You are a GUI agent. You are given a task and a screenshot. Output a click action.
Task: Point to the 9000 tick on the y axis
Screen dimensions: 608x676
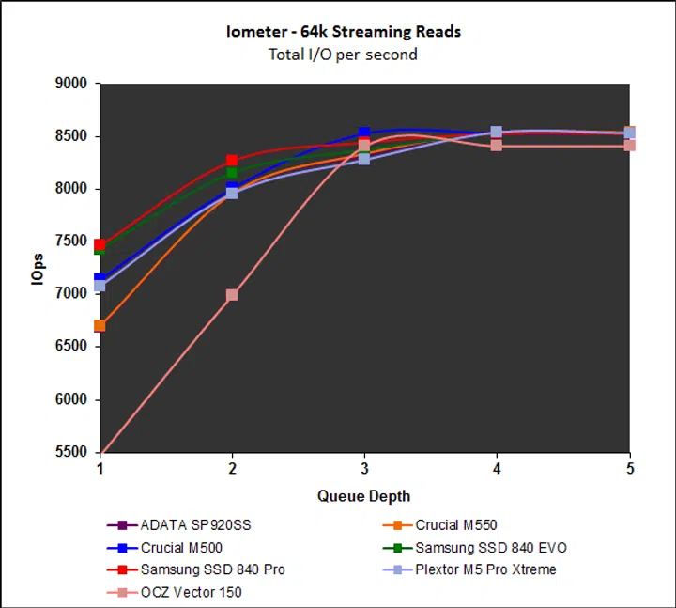pyautogui.click(x=71, y=84)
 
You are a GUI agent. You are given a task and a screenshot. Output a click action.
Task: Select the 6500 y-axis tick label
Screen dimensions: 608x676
pyautogui.click(x=71, y=347)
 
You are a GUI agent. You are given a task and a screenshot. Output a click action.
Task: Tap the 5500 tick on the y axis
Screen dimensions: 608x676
pyautogui.click(x=71, y=452)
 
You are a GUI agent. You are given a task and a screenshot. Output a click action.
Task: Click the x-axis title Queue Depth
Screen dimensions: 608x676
pyautogui.click(x=363, y=495)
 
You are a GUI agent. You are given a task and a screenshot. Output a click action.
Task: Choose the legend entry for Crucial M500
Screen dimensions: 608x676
pyautogui.click(x=183, y=547)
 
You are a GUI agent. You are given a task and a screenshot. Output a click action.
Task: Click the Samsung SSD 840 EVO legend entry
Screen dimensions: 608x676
pyautogui.click(x=491, y=547)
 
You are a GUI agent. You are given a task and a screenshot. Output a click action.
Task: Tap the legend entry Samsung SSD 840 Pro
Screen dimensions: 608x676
pyautogui.click(x=212, y=569)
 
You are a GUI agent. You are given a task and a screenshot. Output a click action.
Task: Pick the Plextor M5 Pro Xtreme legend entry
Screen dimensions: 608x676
pyautogui.click(x=485, y=569)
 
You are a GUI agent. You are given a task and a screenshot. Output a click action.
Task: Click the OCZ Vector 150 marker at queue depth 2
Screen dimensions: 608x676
pyautogui.click(x=232, y=295)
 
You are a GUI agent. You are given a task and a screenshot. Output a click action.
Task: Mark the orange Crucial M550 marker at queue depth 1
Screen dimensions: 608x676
pyautogui.click(x=100, y=326)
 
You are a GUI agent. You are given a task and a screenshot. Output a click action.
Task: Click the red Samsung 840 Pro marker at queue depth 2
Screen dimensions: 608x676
pyautogui.click(x=232, y=162)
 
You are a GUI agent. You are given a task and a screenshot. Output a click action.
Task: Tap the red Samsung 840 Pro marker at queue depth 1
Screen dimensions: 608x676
pyautogui.click(x=100, y=244)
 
